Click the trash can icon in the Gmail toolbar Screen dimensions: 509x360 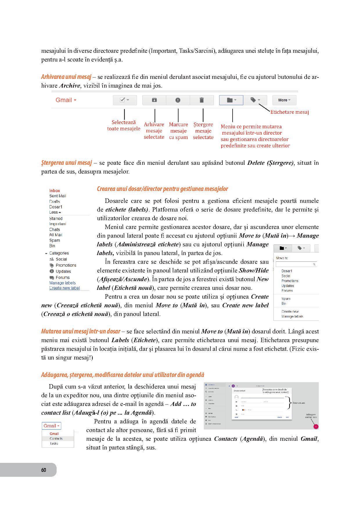[201, 100]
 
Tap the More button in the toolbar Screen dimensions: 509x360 [284, 100]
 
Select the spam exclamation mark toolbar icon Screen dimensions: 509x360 [178, 100]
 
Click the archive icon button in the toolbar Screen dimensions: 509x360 [154, 100]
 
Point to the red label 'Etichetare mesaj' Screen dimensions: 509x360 [289, 112]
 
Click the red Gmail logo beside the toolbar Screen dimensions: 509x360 [66, 100]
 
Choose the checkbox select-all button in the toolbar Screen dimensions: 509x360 [125, 100]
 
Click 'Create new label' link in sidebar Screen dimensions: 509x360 [64, 288]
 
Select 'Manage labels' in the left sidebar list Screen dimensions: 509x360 [62, 283]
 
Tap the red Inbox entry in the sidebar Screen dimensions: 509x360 [55, 191]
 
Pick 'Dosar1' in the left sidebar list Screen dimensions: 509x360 [56, 207]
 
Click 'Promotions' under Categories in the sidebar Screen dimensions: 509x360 [66, 265]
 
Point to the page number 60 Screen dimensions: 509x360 [44, 470]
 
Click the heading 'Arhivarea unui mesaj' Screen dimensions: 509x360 [66, 77]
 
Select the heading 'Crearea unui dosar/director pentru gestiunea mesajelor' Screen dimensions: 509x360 [162, 189]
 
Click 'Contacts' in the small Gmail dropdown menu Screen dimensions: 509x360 [56, 438]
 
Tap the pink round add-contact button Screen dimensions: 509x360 [316, 427]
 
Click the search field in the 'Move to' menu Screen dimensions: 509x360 [296, 264]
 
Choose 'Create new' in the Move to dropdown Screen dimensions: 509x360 [290, 311]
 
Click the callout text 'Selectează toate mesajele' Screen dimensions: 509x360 [124, 125]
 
